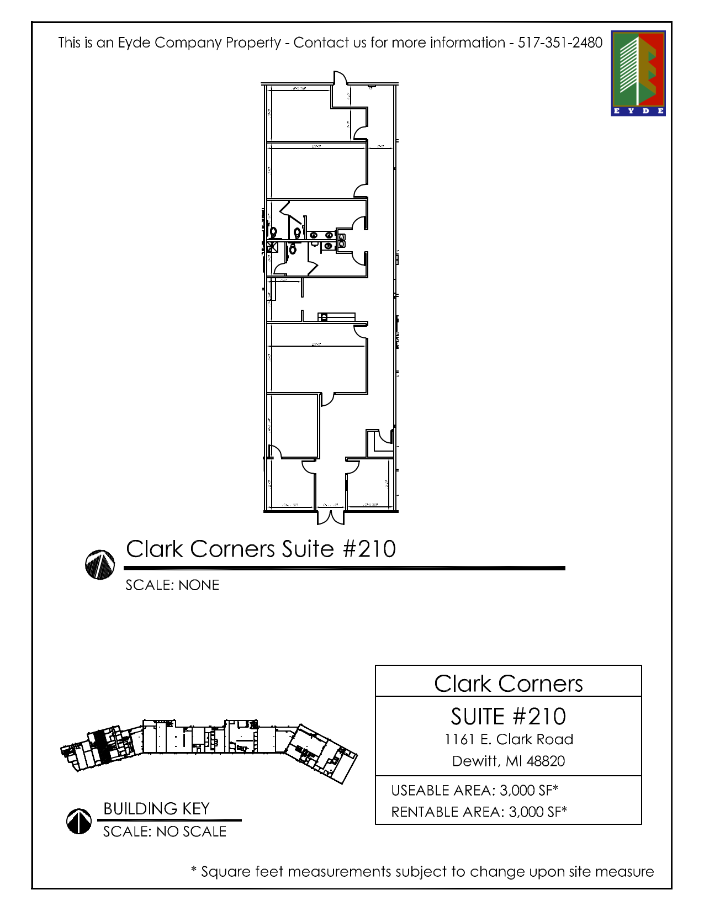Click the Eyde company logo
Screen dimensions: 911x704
pyautogui.click(x=638, y=73)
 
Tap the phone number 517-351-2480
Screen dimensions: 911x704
pyautogui.click(x=560, y=43)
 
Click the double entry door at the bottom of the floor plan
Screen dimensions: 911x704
pyautogui.click(x=331, y=517)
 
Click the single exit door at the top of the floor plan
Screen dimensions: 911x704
pyautogui.click(x=341, y=78)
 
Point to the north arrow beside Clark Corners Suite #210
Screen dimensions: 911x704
pyautogui.click(x=100, y=564)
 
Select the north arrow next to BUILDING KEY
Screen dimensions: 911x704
pyautogui.click(x=79, y=821)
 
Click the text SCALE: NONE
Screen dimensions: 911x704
pyautogui.click(x=172, y=585)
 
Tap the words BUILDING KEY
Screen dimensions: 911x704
pyautogui.click(x=156, y=809)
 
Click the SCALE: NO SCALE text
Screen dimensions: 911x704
pyautogui.click(x=165, y=831)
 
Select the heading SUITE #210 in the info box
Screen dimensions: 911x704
pyautogui.click(x=508, y=717)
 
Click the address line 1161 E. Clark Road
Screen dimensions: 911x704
pyautogui.click(x=509, y=739)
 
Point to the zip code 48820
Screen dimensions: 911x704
pyautogui.click(x=546, y=761)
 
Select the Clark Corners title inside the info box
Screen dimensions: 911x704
pyautogui.click(x=508, y=684)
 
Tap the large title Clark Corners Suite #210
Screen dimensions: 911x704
pyautogui.click(x=261, y=549)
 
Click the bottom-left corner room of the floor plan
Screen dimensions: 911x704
pyautogui.click(x=291, y=483)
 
